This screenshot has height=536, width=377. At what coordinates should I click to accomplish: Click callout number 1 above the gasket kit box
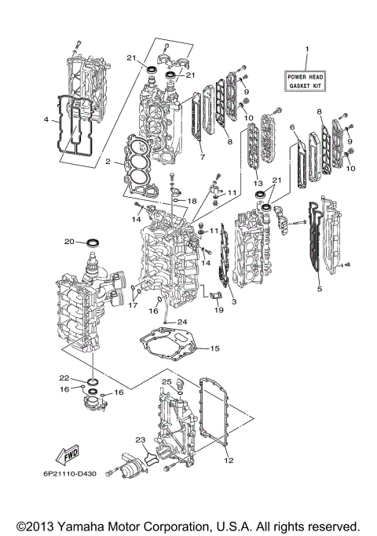[x=307, y=50]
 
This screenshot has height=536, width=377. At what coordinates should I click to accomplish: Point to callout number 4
[x=48, y=120]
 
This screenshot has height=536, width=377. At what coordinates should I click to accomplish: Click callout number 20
[x=68, y=241]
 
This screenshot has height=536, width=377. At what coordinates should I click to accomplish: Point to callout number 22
[x=65, y=377]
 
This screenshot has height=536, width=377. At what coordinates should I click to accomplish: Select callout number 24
[x=182, y=322]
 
